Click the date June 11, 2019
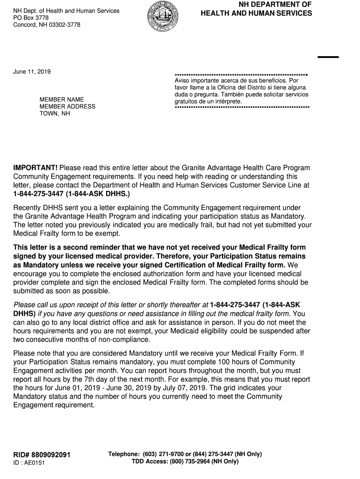(32, 72)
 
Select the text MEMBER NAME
(62, 100)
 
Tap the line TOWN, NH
(55, 114)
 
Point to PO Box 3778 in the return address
(30, 18)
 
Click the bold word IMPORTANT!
(36, 168)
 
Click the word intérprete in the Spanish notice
(228, 102)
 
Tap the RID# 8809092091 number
(42, 455)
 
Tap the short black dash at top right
(328, 57)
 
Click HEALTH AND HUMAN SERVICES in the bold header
(256, 14)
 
